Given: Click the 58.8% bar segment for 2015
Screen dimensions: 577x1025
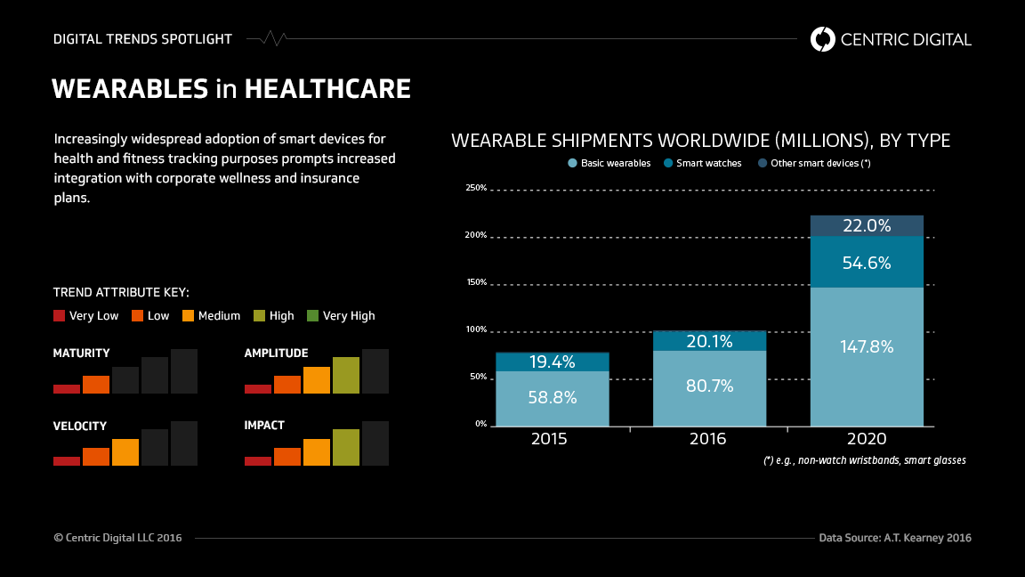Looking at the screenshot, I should [552, 398].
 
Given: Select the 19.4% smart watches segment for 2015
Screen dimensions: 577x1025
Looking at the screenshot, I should [552, 362].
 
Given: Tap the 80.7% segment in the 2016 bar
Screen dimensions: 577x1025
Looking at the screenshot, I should [709, 387].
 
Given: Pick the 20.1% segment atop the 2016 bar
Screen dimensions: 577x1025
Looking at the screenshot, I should [709, 341].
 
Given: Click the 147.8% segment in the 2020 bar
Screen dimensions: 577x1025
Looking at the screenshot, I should [867, 356].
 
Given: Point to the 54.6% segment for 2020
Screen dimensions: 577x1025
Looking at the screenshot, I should [867, 262].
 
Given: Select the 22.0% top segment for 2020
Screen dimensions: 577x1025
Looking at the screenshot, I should [867, 226].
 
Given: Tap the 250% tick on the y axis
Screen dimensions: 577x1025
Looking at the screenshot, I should [476, 188].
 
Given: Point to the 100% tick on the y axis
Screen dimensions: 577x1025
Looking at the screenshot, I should [476, 329].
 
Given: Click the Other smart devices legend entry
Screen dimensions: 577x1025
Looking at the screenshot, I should [813, 163].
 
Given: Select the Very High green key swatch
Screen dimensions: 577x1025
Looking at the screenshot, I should [312, 315].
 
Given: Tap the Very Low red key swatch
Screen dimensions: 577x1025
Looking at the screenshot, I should [60, 315].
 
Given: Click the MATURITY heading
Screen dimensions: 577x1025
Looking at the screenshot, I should [82, 354].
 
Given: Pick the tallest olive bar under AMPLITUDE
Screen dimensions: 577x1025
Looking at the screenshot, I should [346, 375].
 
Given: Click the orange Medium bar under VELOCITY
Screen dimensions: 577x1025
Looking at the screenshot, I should [125, 452].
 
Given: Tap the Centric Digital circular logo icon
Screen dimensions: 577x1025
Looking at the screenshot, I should [823, 39].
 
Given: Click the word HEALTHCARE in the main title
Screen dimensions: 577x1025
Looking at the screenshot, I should [327, 89].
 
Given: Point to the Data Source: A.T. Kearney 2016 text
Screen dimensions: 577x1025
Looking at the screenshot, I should [895, 538].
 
